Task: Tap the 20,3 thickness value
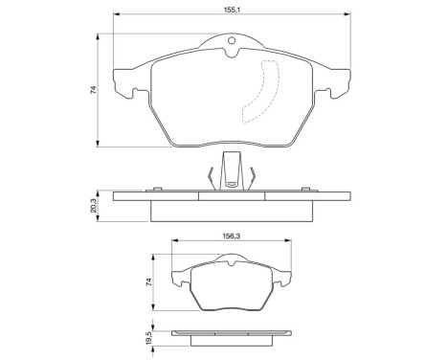pyautogui.click(x=94, y=205)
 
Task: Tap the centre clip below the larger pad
pyautogui.click(x=230, y=171)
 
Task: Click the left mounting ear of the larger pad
pyautogui.click(x=123, y=84)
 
